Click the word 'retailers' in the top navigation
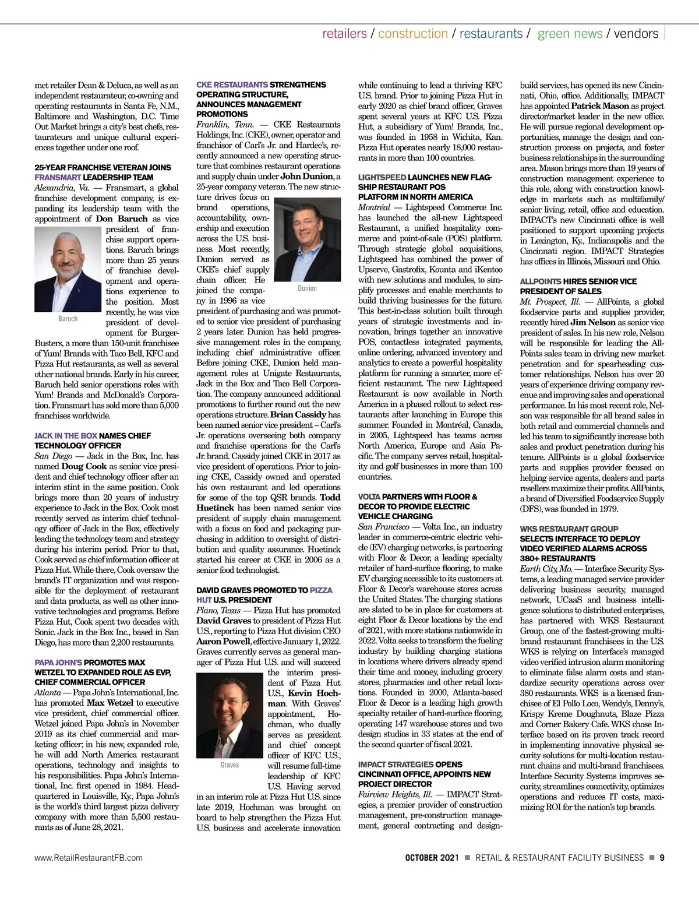(344, 34)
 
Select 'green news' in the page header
(570, 34)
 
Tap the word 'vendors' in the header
(636, 34)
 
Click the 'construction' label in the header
(413, 34)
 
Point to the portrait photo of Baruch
(68, 269)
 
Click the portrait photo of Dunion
(307, 240)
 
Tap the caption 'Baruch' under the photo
(68, 319)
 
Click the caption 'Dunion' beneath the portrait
(307, 288)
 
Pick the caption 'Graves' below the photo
(230, 765)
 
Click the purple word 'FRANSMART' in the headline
(58, 178)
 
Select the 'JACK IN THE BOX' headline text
(66, 436)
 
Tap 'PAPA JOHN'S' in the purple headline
(58, 663)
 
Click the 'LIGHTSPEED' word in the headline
(382, 177)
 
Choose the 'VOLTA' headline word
(369, 497)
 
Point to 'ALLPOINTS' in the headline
(541, 281)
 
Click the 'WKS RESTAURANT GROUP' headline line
(569, 529)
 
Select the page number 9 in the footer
(662, 858)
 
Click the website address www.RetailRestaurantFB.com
(89, 858)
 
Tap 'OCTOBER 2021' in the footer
(432, 858)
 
